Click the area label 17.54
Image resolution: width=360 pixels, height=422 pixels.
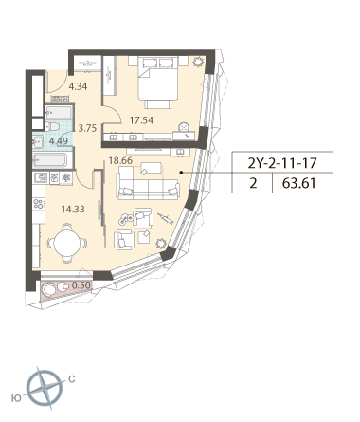(x=142, y=120)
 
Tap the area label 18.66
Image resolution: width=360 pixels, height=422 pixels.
(x=120, y=160)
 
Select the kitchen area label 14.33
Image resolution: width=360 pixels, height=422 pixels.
(x=73, y=209)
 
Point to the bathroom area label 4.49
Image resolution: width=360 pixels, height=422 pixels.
(x=59, y=141)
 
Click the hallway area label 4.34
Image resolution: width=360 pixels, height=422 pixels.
(x=78, y=86)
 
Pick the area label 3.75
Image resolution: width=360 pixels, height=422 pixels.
(x=87, y=128)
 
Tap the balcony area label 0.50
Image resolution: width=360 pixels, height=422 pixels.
(x=81, y=285)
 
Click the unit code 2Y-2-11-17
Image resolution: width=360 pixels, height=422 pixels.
(x=282, y=163)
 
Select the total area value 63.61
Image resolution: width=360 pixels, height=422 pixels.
(x=299, y=183)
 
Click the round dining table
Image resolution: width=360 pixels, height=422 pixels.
(x=66, y=243)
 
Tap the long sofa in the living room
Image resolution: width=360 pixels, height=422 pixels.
(x=148, y=183)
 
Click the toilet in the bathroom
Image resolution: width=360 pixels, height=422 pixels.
(x=53, y=127)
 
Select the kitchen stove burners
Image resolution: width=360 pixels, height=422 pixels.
(x=38, y=203)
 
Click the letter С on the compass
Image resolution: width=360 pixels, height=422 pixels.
(x=72, y=379)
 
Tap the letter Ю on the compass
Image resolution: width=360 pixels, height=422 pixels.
(x=16, y=398)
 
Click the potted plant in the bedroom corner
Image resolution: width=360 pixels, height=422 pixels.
(x=198, y=62)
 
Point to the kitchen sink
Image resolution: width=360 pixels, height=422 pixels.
(x=40, y=178)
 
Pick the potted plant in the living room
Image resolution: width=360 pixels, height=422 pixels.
(x=161, y=243)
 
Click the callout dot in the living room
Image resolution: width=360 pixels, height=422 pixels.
(x=181, y=173)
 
